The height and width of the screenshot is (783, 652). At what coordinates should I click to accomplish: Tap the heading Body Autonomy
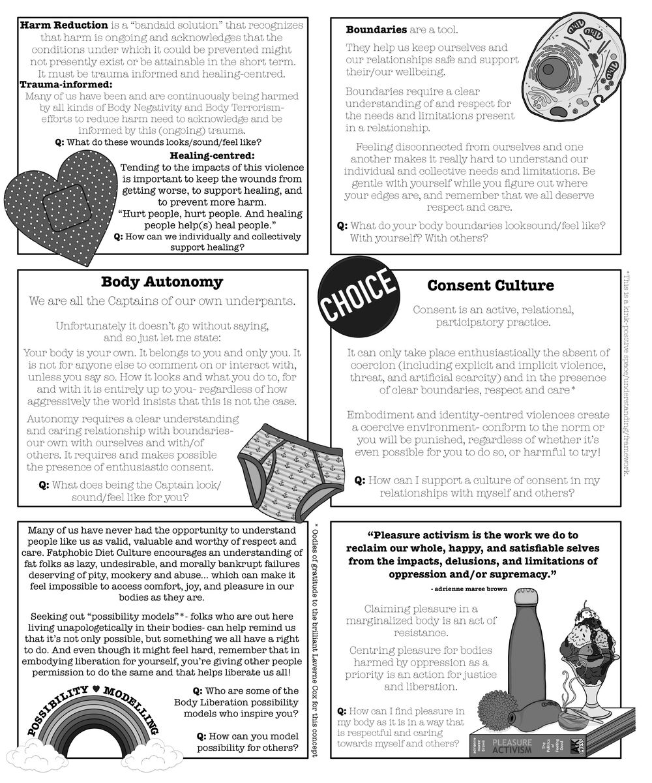tap(162, 283)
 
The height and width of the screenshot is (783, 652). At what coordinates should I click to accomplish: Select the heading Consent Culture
tap(490, 286)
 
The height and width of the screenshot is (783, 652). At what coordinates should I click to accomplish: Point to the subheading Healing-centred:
tap(211, 155)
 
